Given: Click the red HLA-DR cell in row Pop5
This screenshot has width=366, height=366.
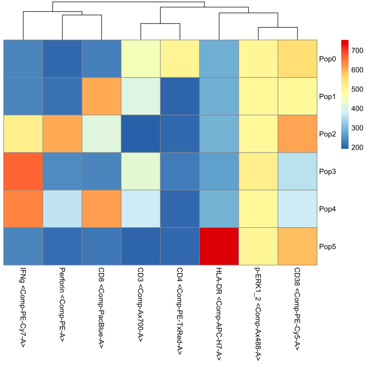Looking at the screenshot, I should tap(219, 246).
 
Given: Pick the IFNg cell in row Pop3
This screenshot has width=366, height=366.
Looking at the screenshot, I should tap(23, 171).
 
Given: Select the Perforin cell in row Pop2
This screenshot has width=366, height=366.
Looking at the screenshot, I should tap(62, 133).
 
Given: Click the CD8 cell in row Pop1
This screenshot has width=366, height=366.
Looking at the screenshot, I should tap(102, 96).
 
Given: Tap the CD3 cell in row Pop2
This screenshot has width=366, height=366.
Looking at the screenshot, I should tap(141, 133).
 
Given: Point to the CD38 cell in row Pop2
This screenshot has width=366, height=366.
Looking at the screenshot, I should tap(297, 133).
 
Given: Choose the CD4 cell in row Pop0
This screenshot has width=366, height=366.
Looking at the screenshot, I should tap(180, 59).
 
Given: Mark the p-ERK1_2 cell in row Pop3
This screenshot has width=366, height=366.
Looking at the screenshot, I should tap(258, 171).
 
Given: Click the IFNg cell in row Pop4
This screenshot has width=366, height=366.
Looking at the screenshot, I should tap(23, 209).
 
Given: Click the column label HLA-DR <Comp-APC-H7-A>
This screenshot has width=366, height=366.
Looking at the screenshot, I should tap(219, 310).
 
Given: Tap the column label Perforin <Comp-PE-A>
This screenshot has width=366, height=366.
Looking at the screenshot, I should tap(62, 305).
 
